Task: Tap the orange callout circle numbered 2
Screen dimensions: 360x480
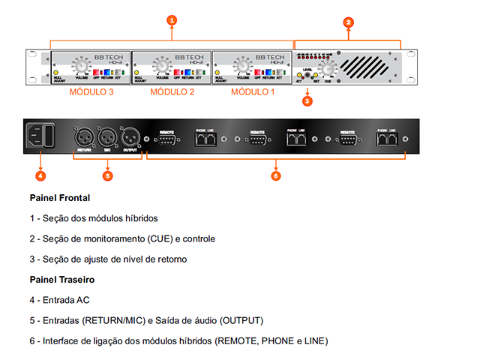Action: (x=348, y=22)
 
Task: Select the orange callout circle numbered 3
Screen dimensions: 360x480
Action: (x=307, y=100)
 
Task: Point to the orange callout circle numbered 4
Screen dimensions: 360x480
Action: (x=40, y=176)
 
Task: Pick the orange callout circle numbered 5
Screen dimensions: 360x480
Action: (x=107, y=176)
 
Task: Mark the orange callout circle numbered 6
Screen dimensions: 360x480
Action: (x=275, y=176)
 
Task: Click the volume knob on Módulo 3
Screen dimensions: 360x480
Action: (x=80, y=65)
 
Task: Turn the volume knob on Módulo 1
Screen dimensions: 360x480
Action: (x=242, y=65)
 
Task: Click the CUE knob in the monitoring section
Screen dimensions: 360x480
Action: (x=327, y=70)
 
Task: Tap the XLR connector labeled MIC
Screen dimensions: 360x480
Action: (x=106, y=137)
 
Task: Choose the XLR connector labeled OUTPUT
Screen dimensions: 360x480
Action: (x=129, y=137)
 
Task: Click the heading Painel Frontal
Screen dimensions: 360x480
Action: (x=60, y=198)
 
